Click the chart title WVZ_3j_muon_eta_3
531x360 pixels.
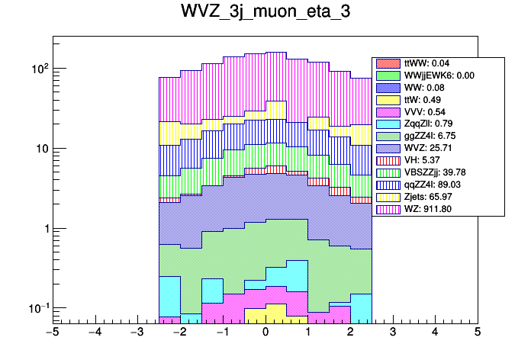tap(265, 14)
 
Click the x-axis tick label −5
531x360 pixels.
tap(52, 333)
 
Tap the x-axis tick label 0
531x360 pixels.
tap(265, 333)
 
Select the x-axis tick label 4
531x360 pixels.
tap(435, 333)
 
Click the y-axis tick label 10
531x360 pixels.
tap(39, 149)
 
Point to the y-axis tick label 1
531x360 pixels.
tap(43, 229)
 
